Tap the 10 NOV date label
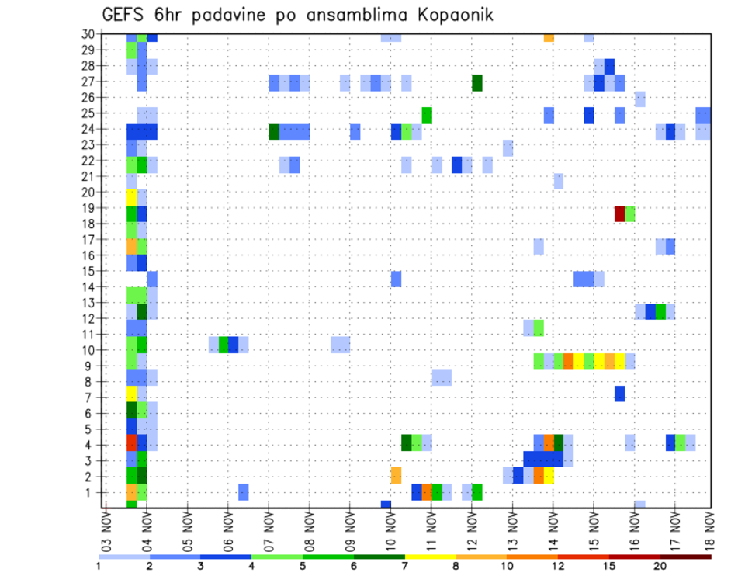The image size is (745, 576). point(390,529)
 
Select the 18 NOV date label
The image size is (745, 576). point(710,529)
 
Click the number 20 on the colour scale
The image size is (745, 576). point(660,566)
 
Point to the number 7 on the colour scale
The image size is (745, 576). point(405,566)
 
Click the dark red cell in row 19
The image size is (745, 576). point(619,213)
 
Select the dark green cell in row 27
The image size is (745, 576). point(477,83)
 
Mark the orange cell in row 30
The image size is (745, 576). point(549,36)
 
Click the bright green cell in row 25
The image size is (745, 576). point(427,115)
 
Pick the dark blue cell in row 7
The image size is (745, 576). point(619,394)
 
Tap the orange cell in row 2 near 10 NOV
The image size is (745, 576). point(396,475)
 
